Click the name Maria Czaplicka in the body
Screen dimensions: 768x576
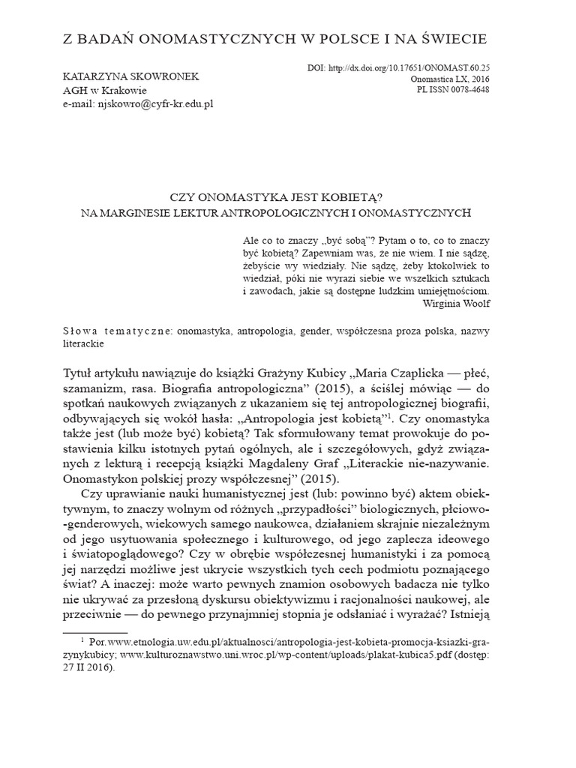coord(391,373)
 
